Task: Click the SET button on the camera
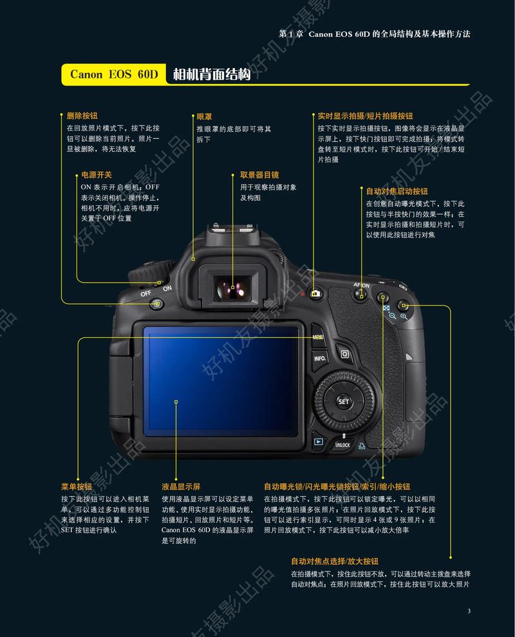344,402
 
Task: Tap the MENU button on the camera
318,337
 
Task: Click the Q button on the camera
344,354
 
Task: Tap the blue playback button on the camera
318,441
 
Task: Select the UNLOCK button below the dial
342,445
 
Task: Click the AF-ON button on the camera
361,294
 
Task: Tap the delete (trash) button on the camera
155,304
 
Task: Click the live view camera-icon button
315,294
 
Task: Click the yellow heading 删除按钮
82,116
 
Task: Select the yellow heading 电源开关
96,174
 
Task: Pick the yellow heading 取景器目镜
259,174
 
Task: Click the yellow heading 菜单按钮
76,486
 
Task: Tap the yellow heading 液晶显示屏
181,486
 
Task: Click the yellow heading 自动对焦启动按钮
397,191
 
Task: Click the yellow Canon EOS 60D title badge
114,75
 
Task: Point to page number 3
469,611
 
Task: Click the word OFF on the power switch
145,294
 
